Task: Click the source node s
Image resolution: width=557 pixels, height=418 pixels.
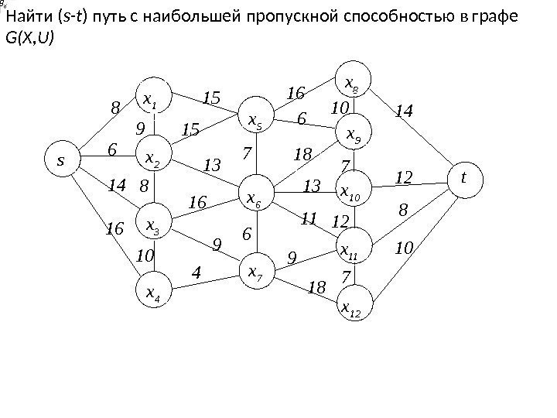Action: [x=60, y=163]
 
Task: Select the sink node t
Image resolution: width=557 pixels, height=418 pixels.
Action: [x=463, y=177]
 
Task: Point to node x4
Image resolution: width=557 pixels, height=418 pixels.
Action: [x=154, y=292]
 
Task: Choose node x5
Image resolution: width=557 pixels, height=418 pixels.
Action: [x=255, y=120]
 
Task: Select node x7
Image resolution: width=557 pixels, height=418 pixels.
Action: [x=255, y=272]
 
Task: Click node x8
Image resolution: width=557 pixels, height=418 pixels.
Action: [x=356, y=81]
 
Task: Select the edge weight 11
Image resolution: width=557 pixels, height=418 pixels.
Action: [x=309, y=219]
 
